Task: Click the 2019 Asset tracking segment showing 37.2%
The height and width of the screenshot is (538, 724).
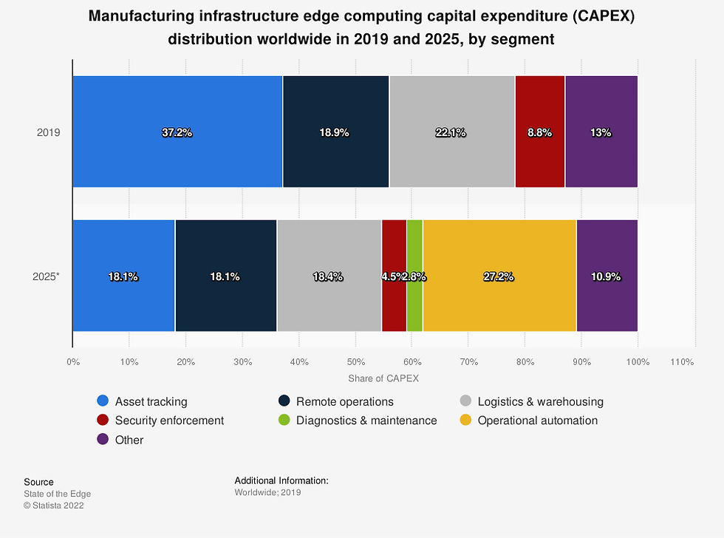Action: click(x=177, y=132)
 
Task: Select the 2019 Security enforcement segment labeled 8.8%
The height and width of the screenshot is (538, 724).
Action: click(x=539, y=132)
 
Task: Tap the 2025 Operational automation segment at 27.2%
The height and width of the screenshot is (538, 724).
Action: click(x=499, y=276)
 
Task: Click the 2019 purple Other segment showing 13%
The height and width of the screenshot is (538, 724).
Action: click(x=601, y=132)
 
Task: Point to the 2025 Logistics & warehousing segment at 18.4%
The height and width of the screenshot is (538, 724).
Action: click(x=329, y=276)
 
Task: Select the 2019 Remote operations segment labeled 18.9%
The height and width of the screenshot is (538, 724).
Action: click(x=335, y=132)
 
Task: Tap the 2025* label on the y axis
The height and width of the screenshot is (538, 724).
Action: click(x=46, y=276)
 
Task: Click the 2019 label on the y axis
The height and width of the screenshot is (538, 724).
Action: click(x=48, y=133)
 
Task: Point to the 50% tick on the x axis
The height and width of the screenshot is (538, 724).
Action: click(x=355, y=362)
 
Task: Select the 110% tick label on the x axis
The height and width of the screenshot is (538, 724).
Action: click(x=682, y=362)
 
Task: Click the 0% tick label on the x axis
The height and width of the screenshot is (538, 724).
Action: click(x=72, y=362)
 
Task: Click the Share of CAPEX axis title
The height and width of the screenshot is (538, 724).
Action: click(x=383, y=378)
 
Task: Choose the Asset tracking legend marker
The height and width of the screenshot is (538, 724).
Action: click(x=103, y=401)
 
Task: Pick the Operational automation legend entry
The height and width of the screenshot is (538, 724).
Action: click(x=537, y=420)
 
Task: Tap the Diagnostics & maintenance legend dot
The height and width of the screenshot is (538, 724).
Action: click(x=284, y=420)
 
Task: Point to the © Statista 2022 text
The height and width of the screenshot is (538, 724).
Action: click(x=54, y=505)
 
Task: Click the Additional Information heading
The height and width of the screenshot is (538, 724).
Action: click(x=281, y=481)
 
